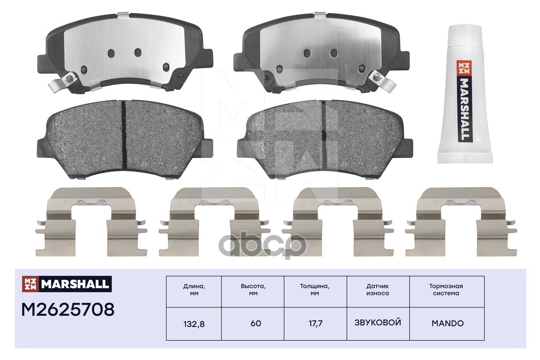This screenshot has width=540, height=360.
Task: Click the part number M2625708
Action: coord(68,310)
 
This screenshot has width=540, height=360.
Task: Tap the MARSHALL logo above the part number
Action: coord(67,284)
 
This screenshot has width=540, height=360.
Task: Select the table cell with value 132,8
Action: coord(194,324)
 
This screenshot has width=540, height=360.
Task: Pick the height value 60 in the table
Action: coord(256,324)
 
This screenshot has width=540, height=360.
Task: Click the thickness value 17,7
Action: coord(315,324)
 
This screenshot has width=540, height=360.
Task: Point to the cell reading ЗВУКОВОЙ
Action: coord(378,323)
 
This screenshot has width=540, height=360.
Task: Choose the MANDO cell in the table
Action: coord(447,324)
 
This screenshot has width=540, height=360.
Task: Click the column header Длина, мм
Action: coord(194,290)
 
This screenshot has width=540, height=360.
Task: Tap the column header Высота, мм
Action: coord(253,290)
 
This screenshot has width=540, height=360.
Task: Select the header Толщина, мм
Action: coord(315,290)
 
